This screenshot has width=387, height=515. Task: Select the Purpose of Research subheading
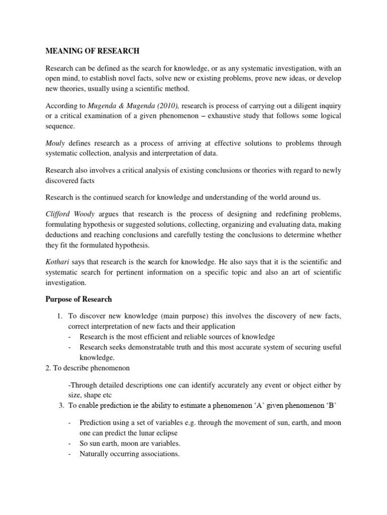click(79, 299)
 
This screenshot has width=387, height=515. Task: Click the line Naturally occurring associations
click(129, 454)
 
